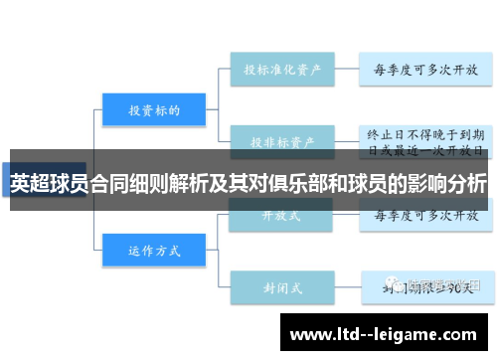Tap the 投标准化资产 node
point(280,69)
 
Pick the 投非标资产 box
point(280,140)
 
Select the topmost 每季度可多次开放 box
point(424,69)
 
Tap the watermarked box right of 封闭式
point(424,285)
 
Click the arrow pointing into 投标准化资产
point(224,69)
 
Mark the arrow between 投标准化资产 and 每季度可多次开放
point(346,69)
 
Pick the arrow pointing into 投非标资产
point(224,140)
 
